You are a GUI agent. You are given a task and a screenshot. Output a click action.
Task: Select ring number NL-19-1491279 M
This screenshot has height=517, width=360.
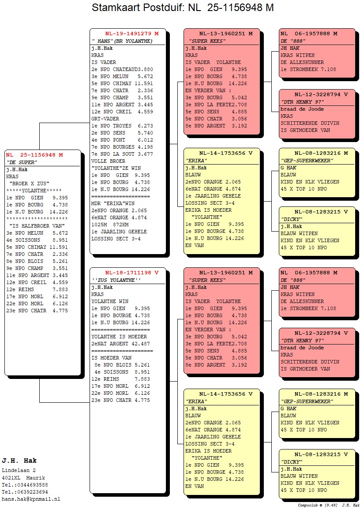(x=132, y=34)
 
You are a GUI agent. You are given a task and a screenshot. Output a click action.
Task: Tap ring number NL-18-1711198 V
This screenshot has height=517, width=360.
(x=132, y=273)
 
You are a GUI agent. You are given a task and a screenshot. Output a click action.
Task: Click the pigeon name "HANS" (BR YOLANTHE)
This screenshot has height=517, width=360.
(x=122, y=41)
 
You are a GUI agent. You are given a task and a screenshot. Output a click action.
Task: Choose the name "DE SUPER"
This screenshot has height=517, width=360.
(x=22, y=162)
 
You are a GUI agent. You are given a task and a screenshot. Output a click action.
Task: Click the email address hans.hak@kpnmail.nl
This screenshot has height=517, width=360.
(x=31, y=499)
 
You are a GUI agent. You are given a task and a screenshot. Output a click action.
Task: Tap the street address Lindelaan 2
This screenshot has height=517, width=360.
(x=19, y=471)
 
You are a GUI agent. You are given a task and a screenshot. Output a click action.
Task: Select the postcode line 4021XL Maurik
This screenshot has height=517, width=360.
(x=23, y=478)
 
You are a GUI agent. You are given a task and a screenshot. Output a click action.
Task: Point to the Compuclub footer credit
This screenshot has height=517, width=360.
(x=328, y=505)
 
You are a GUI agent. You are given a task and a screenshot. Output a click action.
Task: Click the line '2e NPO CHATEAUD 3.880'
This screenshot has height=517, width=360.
(x=122, y=70)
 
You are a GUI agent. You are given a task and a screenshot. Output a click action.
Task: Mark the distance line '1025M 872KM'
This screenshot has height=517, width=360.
(x=110, y=225)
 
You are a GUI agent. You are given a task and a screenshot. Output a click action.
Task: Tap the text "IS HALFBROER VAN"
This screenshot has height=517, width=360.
(x=37, y=226)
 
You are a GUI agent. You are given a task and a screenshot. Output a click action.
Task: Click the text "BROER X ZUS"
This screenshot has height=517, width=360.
(x=30, y=184)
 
